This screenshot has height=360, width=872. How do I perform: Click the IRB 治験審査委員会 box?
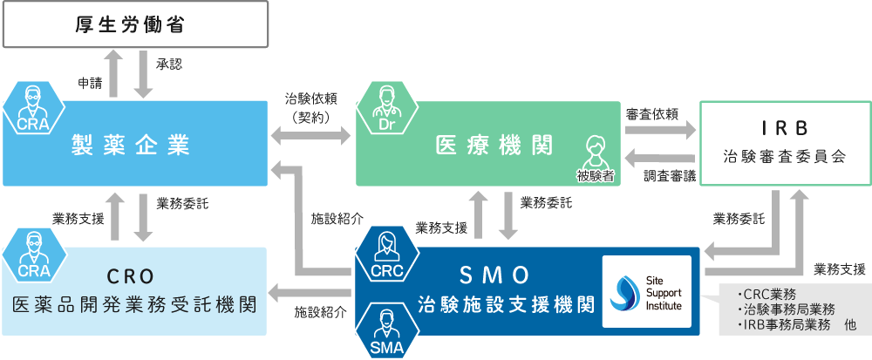(x=785, y=144)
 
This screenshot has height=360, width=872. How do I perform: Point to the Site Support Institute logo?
(x=647, y=291)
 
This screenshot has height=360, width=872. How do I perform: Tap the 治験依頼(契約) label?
(x=311, y=107)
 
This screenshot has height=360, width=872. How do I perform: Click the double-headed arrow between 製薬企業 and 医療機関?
(x=311, y=135)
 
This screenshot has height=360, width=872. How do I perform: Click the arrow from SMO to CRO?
(x=311, y=291)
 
